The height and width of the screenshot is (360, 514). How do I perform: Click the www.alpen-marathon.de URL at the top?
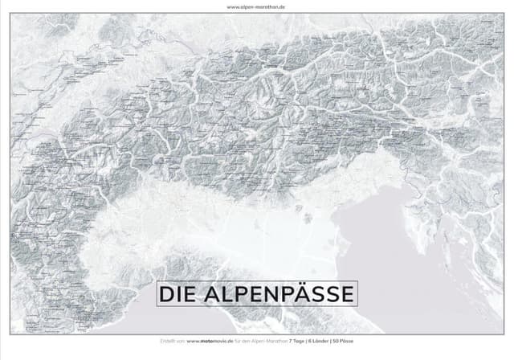coord(257,6)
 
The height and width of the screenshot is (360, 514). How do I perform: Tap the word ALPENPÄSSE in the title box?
coord(276,294)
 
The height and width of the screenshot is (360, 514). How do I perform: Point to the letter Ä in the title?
coord(306,294)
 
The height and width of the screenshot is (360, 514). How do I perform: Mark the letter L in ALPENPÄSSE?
coord(222,294)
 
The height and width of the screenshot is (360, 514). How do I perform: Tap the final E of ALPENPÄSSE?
coord(347,294)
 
